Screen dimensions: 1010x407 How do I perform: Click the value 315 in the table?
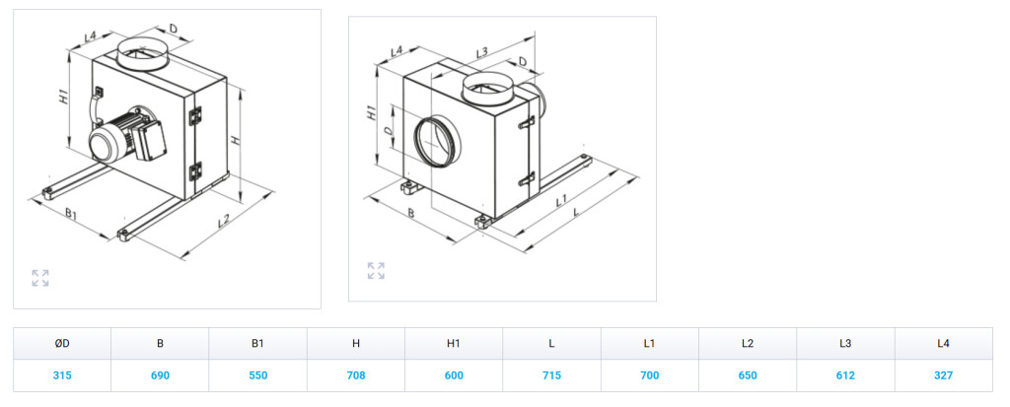(62, 375)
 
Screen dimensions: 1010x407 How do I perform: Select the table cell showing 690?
(160, 375)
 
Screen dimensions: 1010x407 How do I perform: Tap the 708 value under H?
(355, 375)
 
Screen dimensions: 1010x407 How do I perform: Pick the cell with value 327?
(943, 375)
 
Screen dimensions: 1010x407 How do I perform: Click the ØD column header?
(62, 343)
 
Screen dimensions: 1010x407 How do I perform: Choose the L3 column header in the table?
(845, 343)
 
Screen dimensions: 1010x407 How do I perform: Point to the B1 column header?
(257, 343)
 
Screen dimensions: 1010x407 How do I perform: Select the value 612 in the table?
(845, 375)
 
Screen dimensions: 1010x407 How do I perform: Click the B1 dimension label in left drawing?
(70, 214)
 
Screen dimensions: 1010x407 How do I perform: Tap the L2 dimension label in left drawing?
(224, 221)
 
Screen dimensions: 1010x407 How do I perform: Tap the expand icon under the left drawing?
(39, 278)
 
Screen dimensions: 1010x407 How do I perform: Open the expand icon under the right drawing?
(376, 271)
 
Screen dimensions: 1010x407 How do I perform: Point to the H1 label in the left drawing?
(62, 98)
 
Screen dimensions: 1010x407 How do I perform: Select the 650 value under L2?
(748, 375)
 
